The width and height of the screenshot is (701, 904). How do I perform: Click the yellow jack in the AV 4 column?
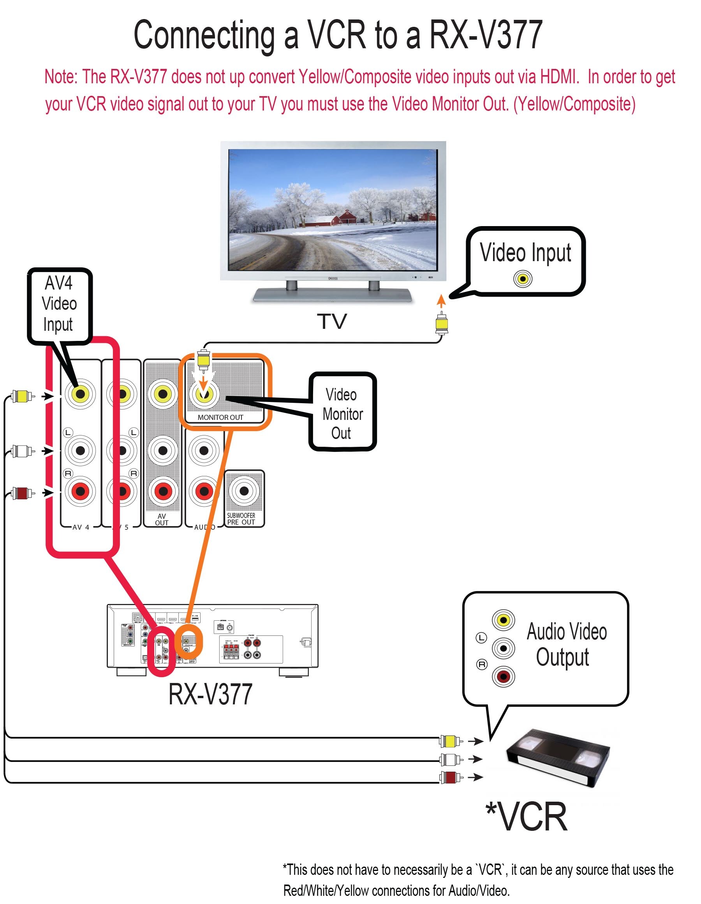coord(80,394)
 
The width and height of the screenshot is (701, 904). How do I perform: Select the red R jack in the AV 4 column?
coord(80,491)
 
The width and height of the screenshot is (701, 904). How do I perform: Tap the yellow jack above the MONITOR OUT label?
coord(204,394)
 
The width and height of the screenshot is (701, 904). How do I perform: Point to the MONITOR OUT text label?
coord(220,417)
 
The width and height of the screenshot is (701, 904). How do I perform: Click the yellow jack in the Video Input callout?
coord(523,279)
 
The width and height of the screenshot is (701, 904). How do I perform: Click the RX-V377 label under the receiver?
coord(210,695)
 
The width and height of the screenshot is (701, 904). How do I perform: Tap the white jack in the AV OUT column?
coord(163,450)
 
